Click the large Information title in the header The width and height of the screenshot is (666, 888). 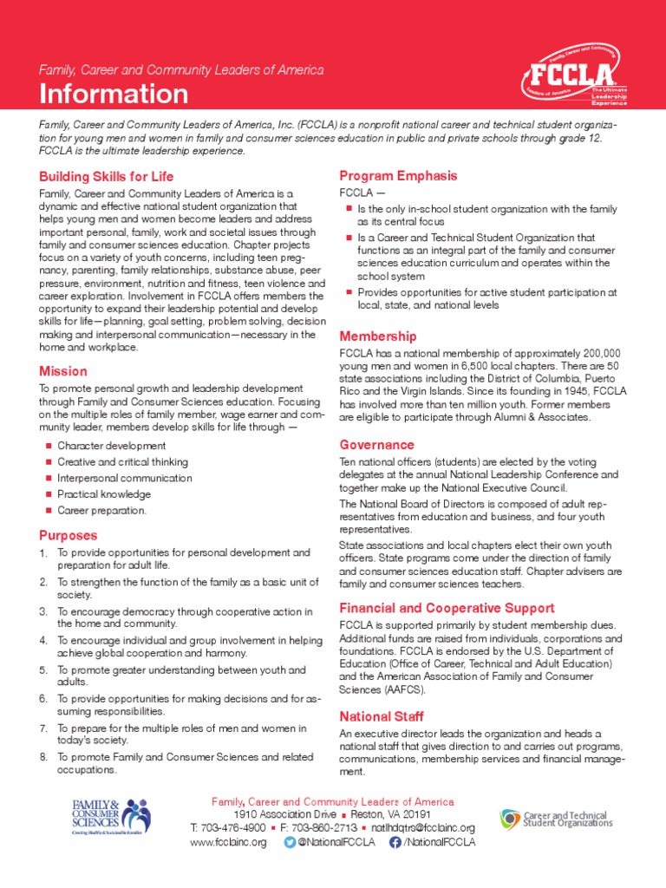click(113, 93)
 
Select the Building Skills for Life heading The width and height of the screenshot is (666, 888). click(106, 176)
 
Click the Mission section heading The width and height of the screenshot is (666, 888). click(62, 371)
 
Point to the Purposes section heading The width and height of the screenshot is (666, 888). click(68, 535)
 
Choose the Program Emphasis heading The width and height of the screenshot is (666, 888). click(398, 175)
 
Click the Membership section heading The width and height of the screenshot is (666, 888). click(377, 336)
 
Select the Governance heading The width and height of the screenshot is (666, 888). click(376, 445)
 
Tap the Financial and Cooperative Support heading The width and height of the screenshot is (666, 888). click(447, 608)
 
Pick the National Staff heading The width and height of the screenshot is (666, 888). click(381, 716)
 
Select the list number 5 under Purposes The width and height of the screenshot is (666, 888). click(42, 670)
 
